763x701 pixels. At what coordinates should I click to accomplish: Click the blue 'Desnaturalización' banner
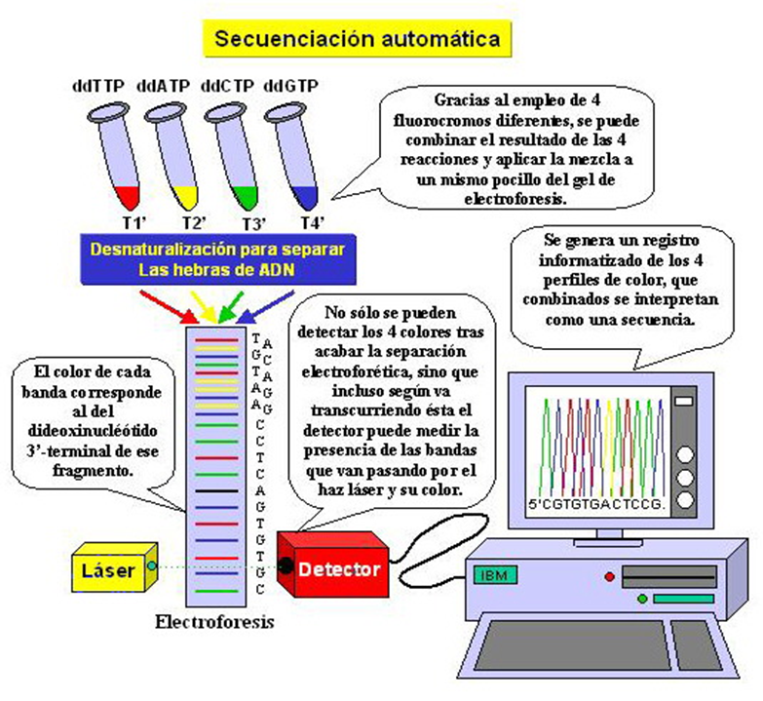pyautogui.click(x=215, y=257)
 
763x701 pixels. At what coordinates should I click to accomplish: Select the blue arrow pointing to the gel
pyautogui.click(x=254, y=309)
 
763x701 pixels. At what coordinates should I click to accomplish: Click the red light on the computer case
pyautogui.click(x=610, y=576)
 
